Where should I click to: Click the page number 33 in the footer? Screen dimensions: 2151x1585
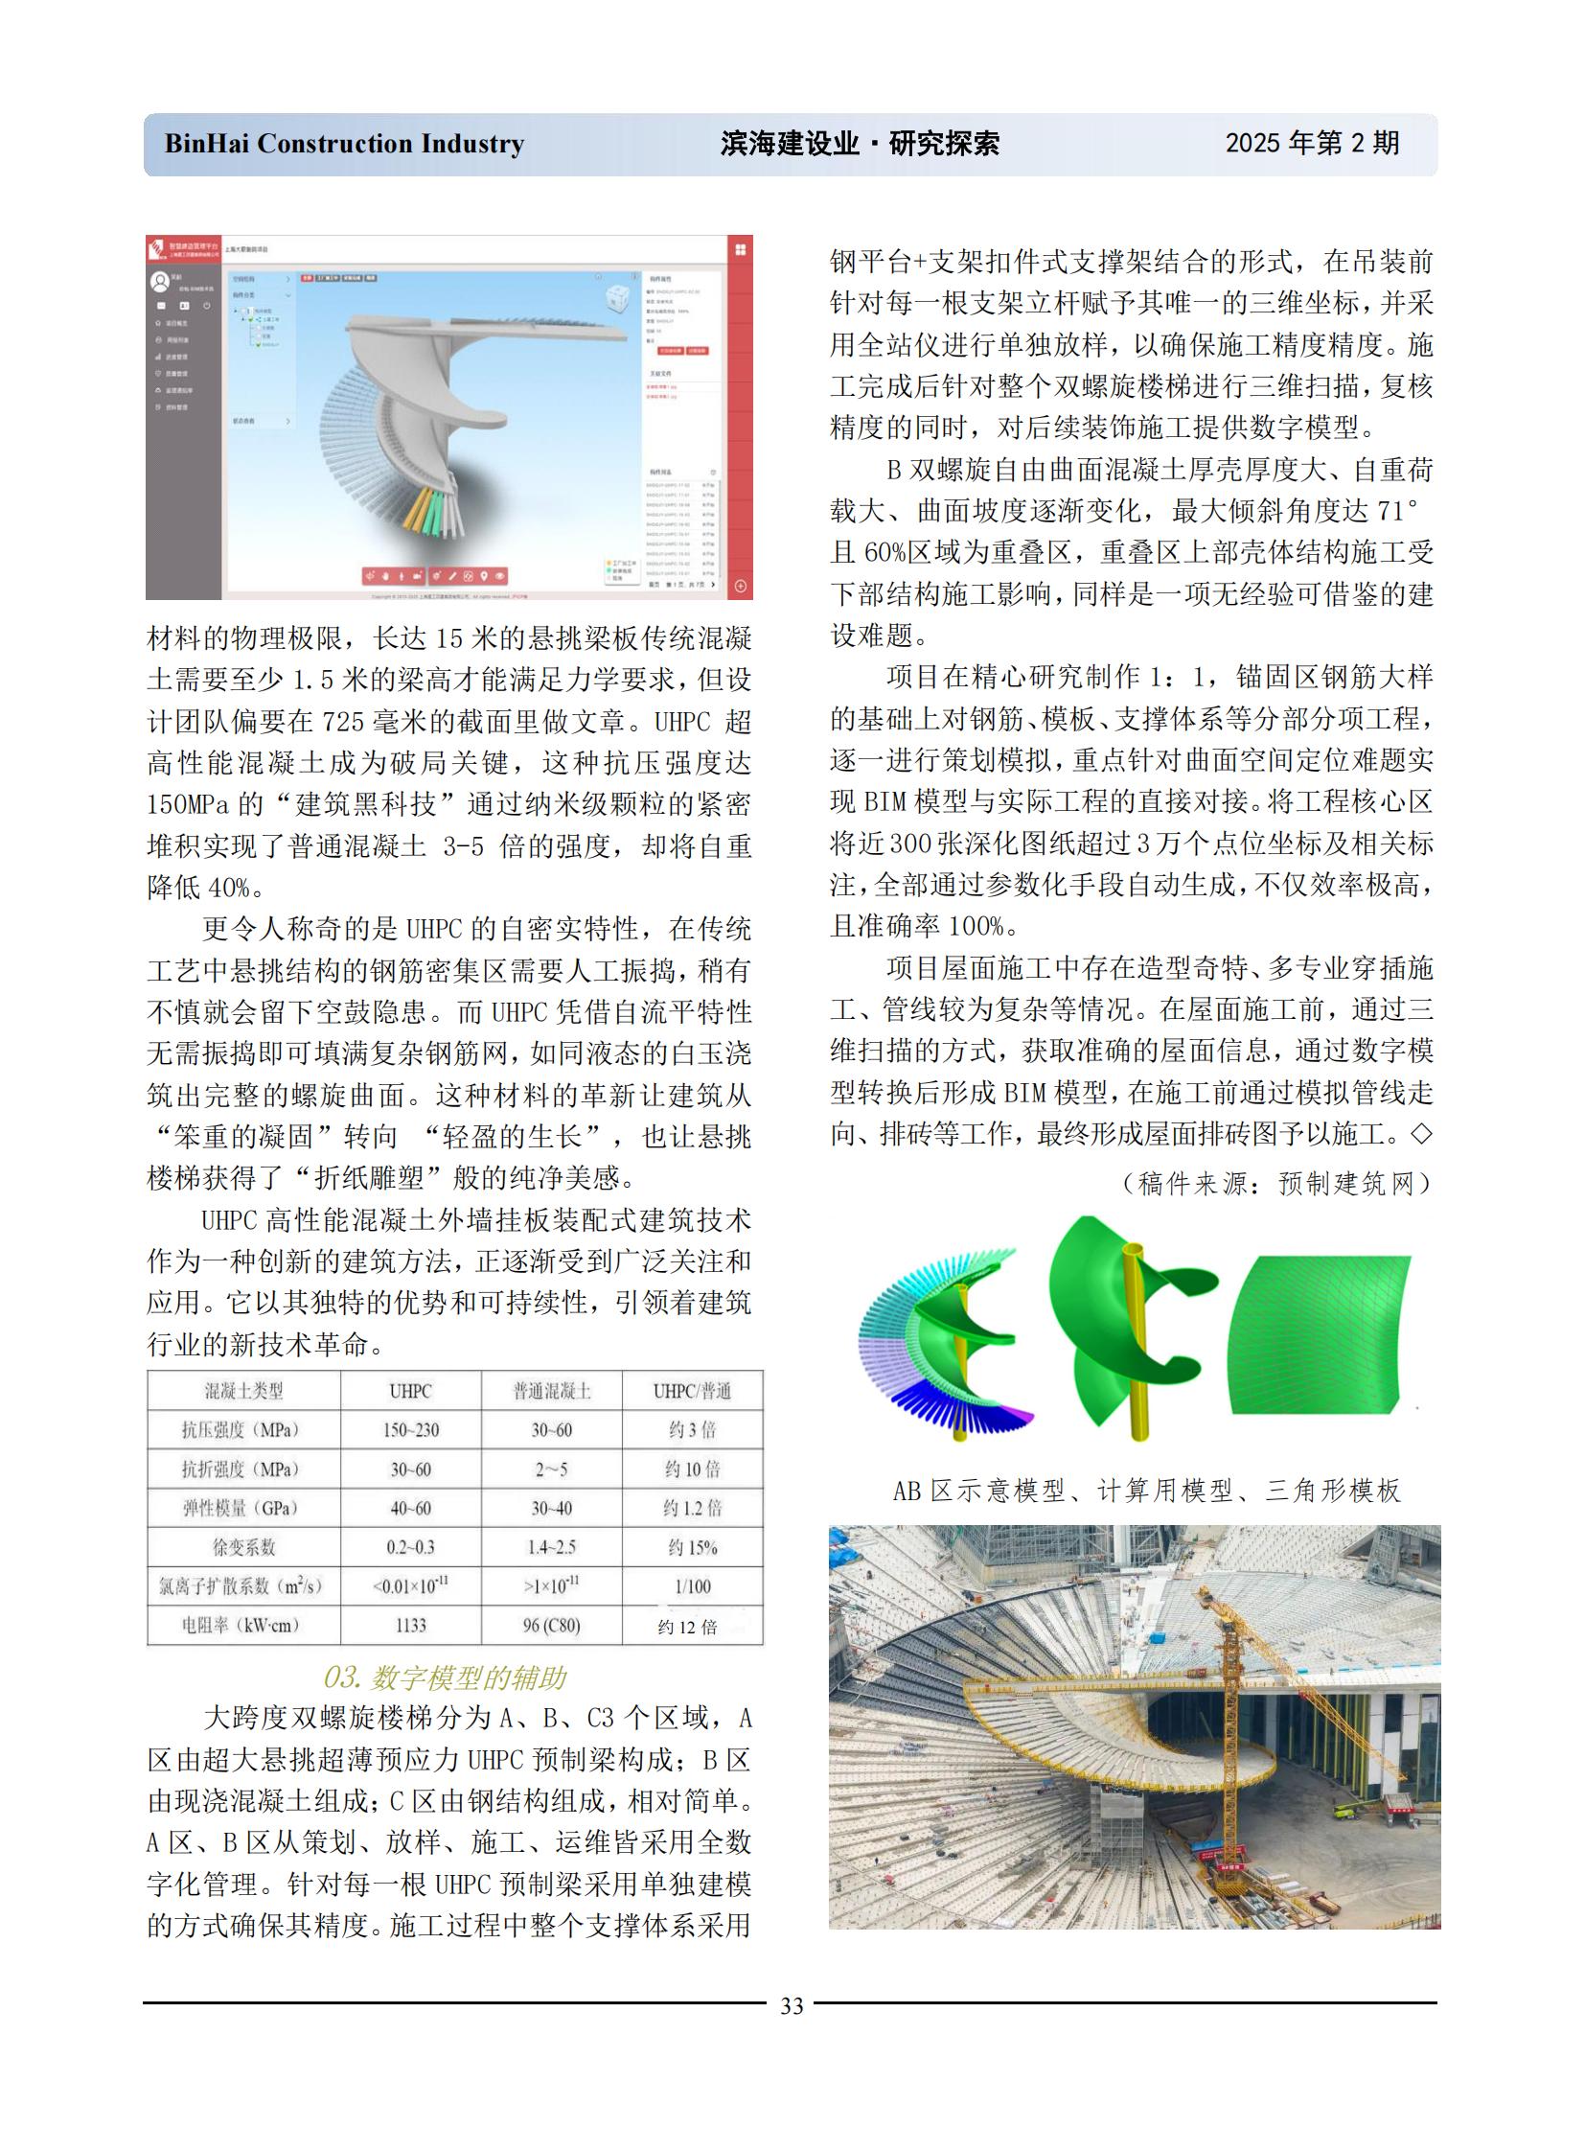[x=792, y=2005]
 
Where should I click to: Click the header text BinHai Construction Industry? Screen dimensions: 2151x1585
[x=344, y=144]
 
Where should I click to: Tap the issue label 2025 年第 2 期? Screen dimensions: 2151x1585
[x=1312, y=143]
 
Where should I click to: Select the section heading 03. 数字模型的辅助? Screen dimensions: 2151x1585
[x=446, y=1677]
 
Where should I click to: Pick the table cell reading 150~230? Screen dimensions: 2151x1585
[x=411, y=1430]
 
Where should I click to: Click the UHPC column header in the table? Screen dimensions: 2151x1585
[x=411, y=1391]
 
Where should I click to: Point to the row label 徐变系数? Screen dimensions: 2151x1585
[x=242, y=1547]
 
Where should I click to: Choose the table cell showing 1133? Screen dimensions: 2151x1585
[x=411, y=1625]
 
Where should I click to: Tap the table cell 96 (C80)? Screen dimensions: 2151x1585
[x=552, y=1625]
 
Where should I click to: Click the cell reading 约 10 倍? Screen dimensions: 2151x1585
[x=693, y=1469]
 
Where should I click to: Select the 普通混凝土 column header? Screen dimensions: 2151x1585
[x=552, y=1391]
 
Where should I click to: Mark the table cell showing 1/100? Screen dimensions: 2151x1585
[x=693, y=1586]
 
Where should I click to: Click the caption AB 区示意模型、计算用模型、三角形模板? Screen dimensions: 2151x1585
[x=1146, y=1491]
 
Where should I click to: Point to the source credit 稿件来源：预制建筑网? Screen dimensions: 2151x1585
[x=1275, y=1184]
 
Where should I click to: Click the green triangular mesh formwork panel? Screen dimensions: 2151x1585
[x=1320, y=1334]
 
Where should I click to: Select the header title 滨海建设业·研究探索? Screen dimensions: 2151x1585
[x=860, y=144]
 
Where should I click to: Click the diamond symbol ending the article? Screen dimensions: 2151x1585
[x=1421, y=1135]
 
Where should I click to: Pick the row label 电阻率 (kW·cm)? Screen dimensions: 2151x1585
[x=242, y=1625]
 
